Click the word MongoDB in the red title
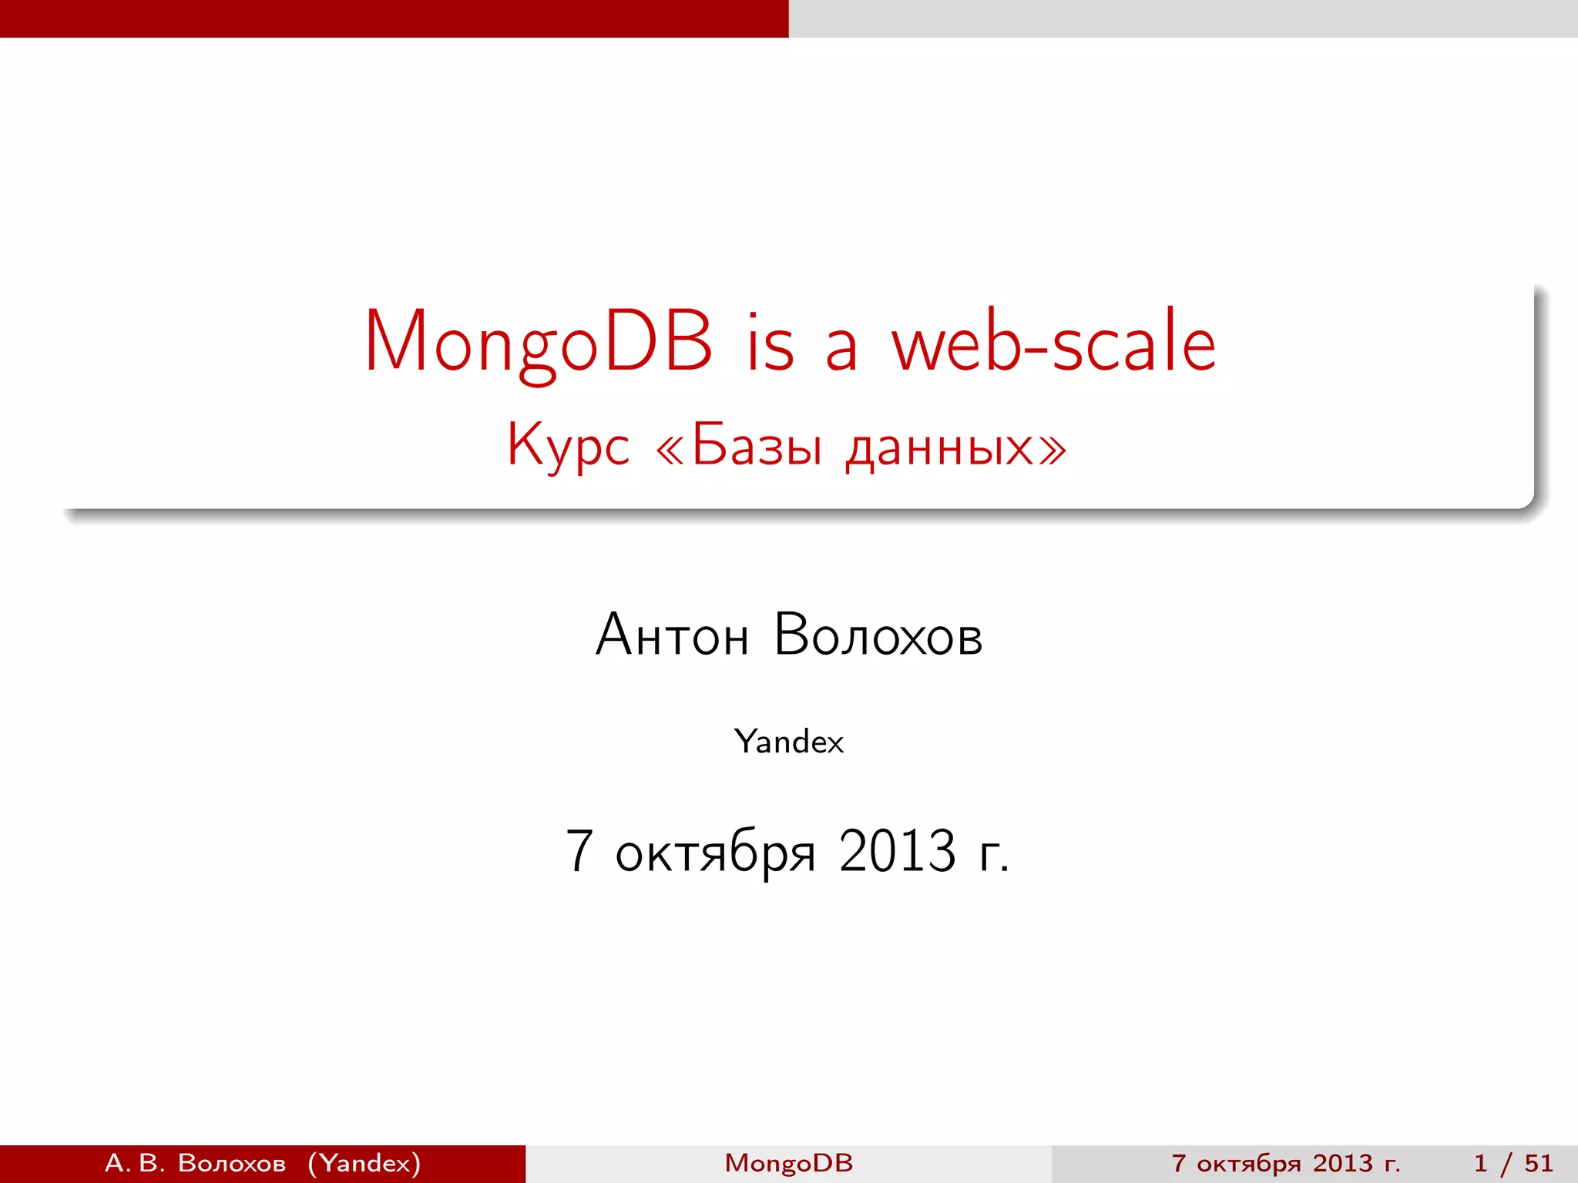[x=538, y=343]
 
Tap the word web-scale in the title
[x=1053, y=343]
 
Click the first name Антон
[x=672, y=635]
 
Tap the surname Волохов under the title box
[x=878, y=635]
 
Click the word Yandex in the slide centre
[x=789, y=742]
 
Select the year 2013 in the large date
[x=898, y=851]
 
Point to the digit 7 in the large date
[x=579, y=851]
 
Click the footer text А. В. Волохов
[x=195, y=1163]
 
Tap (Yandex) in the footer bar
[x=364, y=1163]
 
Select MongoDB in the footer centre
[x=789, y=1163]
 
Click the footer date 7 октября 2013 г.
[x=1285, y=1163]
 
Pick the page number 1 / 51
[x=1513, y=1163]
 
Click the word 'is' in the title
[x=769, y=343]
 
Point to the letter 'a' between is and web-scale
[x=841, y=350]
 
